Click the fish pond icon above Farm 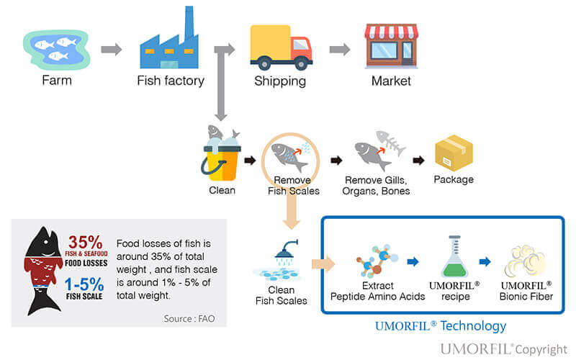(x=57, y=50)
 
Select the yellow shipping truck (x=282, y=47)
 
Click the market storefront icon (x=392, y=46)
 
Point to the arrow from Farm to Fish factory (x=112, y=49)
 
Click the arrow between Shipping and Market (x=340, y=49)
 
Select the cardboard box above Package (x=454, y=153)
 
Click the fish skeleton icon (x=391, y=142)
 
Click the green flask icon (x=455, y=256)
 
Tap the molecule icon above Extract (x=377, y=261)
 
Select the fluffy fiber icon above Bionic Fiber (x=526, y=261)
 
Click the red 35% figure (x=85, y=242)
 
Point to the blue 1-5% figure (x=84, y=284)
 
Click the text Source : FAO (x=189, y=318)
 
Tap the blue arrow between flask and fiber (x=485, y=261)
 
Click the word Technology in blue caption (x=473, y=326)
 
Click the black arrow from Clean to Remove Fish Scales (x=250, y=160)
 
